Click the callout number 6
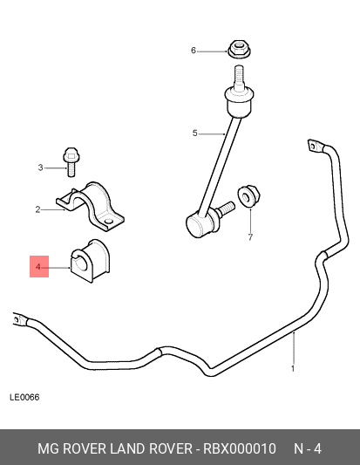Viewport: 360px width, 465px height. [x=194, y=51]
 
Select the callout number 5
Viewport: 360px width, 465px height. [x=194, y=133]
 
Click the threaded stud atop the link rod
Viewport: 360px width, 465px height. [x=239, y=76]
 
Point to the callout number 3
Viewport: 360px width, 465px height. [x=41, y=168]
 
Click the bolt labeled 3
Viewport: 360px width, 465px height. [x=71, y=162]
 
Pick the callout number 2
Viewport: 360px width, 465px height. [x=37, y=209]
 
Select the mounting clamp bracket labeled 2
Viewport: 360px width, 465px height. [x=91, y=207]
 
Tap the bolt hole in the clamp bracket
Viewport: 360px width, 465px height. [x=109, y=222]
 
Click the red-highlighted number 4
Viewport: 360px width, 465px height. [x=38, y=267]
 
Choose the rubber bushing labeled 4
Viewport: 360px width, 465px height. [x=90, y=261]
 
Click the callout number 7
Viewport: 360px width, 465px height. [x=250, y=237]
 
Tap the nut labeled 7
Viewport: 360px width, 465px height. [x=248, y=195]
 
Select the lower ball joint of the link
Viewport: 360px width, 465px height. [x=199, y=224]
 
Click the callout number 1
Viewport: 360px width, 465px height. [x=293, y=369]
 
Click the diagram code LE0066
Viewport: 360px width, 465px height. [x=24, y=397]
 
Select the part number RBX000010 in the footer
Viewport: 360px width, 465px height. [x=240, y=448]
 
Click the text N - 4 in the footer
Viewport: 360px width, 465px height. [x=308, y=448]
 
